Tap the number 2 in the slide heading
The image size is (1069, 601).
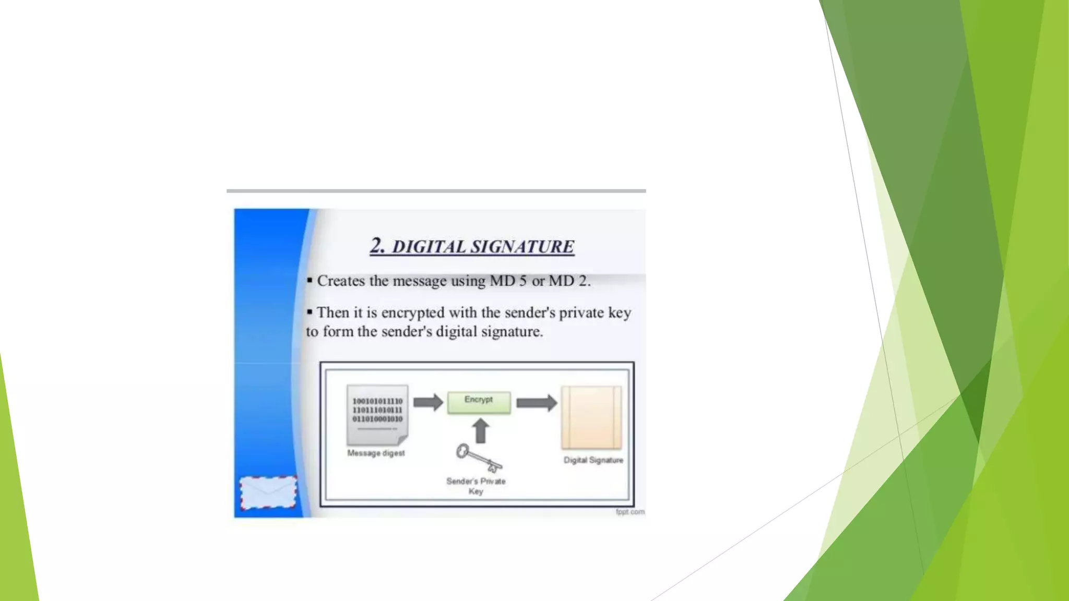[377, 245]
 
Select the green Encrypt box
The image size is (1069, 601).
[479, 402]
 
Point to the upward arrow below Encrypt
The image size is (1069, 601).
[480, 431]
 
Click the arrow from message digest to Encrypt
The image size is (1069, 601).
[428, 402]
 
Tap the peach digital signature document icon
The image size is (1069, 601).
[591, 417]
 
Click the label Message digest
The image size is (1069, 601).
[376, 453]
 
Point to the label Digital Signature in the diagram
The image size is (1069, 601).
[593, 460]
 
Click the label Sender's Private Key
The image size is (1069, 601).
[476, 486]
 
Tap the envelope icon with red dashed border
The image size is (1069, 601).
[268, 492]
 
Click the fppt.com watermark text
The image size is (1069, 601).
[630, 512]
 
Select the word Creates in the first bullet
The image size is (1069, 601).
[341, 281]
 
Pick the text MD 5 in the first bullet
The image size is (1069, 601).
[508, 281]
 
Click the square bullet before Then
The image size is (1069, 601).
[310, 312]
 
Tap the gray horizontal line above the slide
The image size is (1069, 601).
[436, 191]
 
